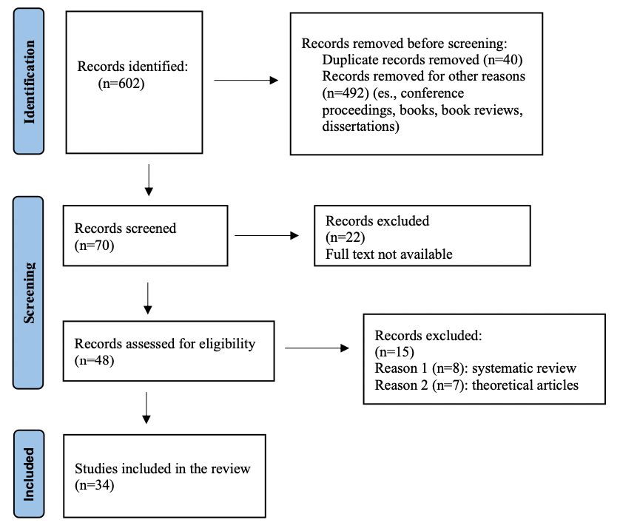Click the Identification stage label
point(29,81)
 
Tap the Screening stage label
point(28,293)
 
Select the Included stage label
point(29,474)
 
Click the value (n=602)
point(121,84)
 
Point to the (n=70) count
point(94,245)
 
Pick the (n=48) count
point(94,360)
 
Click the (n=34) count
point(95,484)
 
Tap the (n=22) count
point(346,237)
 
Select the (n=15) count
point(394,351)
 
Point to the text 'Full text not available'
point(388,254)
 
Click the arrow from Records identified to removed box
point(246,81)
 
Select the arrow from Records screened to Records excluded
point(266,236)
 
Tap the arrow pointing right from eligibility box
point(317,348)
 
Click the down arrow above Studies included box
point(146,408)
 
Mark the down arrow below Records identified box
point(149,180)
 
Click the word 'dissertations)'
point(360,126)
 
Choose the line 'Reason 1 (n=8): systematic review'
point(475,368)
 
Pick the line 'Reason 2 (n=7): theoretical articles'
point(476,385)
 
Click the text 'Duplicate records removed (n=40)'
point(422,60)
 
